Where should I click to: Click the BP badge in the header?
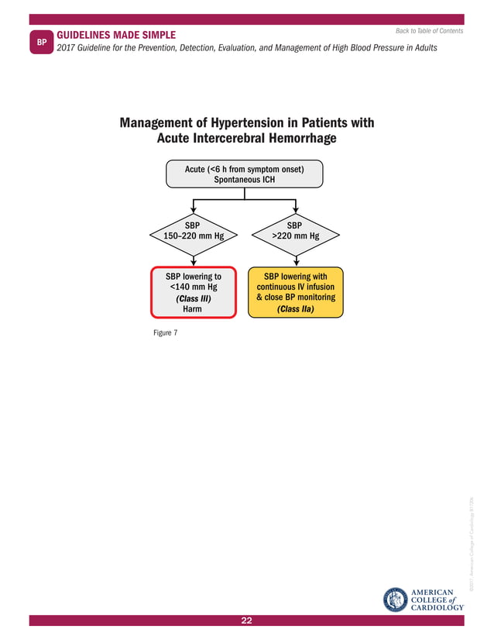43,43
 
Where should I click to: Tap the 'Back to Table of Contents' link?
429,31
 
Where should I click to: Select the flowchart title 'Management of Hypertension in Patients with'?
246,123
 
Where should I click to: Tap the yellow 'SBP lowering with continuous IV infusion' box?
295,292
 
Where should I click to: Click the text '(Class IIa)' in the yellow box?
294,308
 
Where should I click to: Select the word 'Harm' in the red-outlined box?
192,308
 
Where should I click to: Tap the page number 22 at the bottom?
247,621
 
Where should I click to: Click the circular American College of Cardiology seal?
398,599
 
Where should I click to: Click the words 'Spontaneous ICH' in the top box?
244,179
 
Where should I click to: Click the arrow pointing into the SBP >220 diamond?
295,208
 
